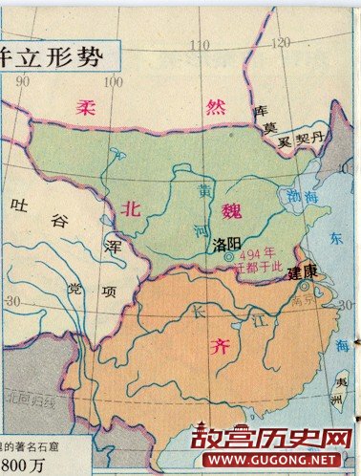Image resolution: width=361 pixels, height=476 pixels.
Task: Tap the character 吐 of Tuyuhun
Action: (x=17, y=205)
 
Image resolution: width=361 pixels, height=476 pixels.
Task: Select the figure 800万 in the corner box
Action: (x=23, y=465)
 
